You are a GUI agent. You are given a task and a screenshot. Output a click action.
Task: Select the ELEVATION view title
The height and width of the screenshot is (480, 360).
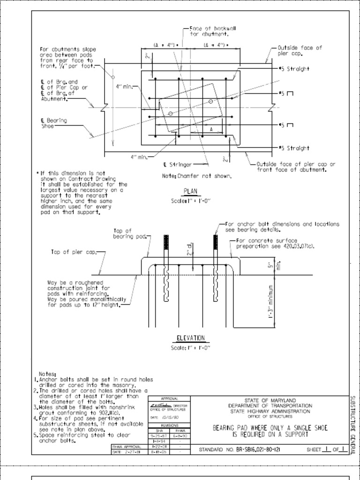190,338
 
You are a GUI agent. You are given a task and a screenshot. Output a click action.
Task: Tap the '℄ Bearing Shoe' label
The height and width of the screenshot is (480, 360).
53,123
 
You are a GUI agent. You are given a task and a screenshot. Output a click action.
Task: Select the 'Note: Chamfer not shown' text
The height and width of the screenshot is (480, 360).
196,176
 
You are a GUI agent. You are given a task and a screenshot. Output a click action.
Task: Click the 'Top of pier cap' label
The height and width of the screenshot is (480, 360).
73,252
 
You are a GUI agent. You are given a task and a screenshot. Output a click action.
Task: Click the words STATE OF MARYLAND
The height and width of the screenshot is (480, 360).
270,401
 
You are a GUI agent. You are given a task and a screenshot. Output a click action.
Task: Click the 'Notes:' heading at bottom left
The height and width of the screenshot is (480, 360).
47,374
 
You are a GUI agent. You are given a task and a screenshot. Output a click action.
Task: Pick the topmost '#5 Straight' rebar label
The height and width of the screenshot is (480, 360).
294,69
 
